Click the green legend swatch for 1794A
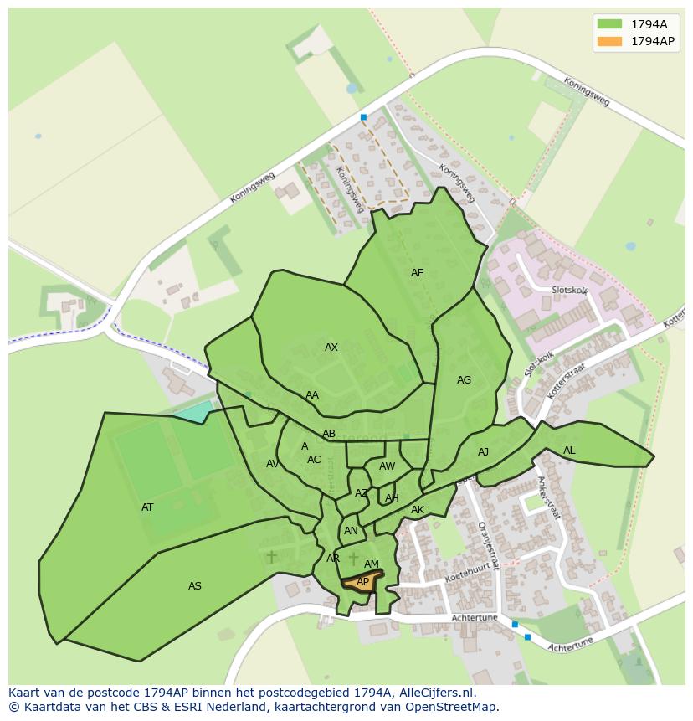click(609, 23)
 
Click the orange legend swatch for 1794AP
click(609, 41)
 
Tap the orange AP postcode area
click(362, 582)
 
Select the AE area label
click(417, 273)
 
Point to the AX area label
click(331, 348)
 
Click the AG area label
click(464, 380)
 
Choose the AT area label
click(147, 507)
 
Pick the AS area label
click(195, 586)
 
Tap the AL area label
click(569, 451)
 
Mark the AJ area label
click(483, 452)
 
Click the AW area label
click(387, 466)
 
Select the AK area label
click(418, 510)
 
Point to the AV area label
click(273, 464)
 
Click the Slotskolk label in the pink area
click(569, 290)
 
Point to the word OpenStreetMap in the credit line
click(450, 707)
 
